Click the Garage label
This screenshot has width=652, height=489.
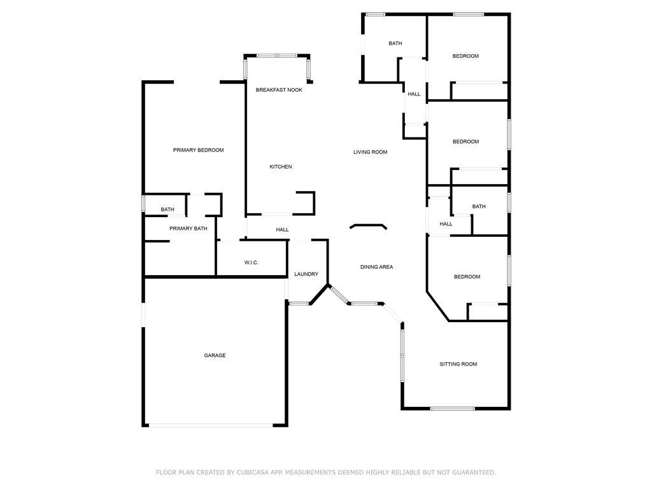[215, 355]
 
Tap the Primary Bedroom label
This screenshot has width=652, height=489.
[199, 150]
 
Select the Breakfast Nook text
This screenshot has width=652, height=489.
[279, 90]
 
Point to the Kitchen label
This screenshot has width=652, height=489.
[281, 167]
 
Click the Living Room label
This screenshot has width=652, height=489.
[371, 152]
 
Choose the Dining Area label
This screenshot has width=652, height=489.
[377, 267]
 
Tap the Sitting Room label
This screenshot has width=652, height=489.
[458, 364]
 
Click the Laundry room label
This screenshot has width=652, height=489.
[306, 274]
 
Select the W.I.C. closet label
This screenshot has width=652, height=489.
[251, 263]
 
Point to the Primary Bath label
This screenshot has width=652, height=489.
[188, 229]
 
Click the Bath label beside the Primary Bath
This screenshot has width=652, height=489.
[167, 209]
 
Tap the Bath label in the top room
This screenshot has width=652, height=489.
[395, 43]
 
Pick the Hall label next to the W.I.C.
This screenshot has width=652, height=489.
[282, 229]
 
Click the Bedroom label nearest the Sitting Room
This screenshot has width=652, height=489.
[467, 277]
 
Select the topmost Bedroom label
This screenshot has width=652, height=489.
[465, 56]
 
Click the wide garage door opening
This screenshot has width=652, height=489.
[211, 425]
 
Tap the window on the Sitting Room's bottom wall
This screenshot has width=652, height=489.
[453, 408]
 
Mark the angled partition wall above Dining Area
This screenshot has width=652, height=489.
[369, 227]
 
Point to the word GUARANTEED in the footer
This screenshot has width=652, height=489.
[474, 472]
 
